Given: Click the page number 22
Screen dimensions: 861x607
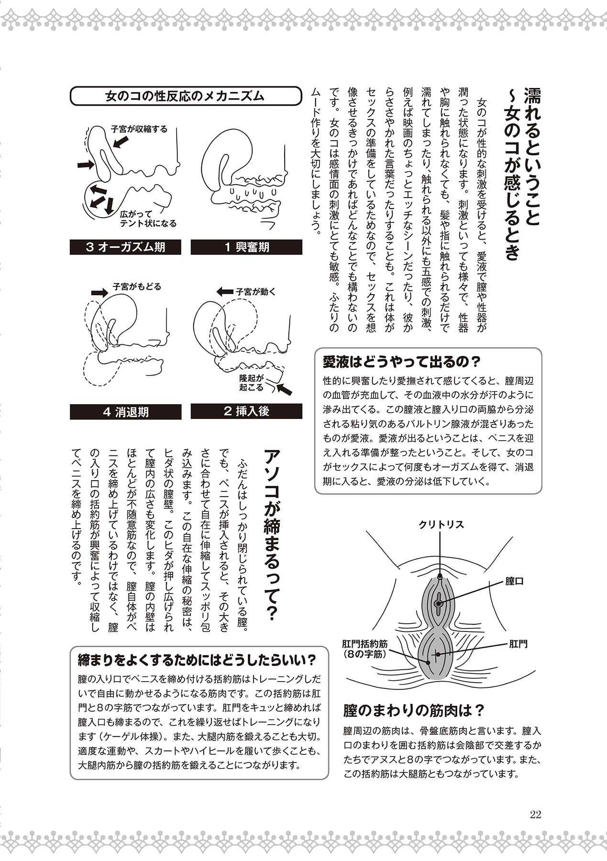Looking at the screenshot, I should click(535, 815).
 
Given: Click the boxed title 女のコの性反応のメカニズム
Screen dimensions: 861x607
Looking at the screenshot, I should click(185, 96).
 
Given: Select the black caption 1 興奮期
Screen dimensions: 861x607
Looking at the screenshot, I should click(247, 247).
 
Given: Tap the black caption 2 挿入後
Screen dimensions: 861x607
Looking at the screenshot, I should click(247, 411).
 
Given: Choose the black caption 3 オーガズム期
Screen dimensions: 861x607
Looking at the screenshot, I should click(126, 247).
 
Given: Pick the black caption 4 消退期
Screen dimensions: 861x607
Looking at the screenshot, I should click(126, 412).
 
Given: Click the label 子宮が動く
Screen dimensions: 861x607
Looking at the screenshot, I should click(255, 291).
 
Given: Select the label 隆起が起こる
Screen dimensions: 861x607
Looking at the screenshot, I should click(252, 382).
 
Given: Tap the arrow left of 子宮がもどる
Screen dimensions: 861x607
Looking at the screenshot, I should click(99, 291).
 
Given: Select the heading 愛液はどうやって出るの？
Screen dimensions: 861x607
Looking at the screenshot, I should click(401, 362).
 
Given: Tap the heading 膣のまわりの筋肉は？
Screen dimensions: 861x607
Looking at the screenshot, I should click(414, 710).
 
